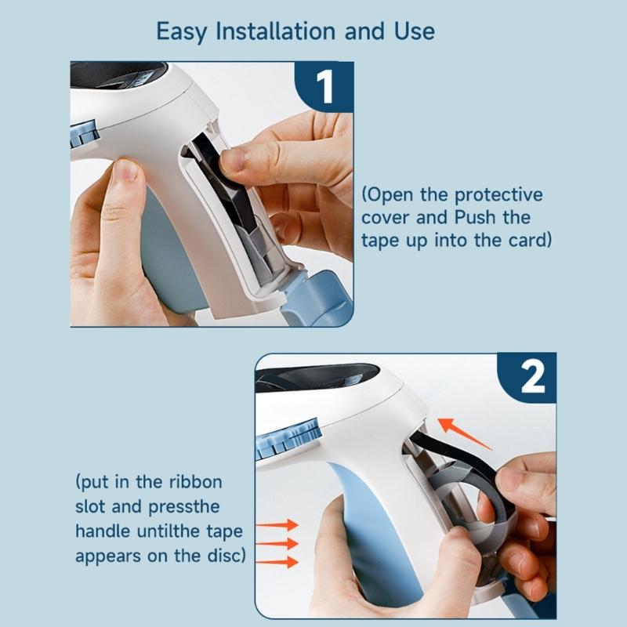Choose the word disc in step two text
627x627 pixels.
click(223, 556)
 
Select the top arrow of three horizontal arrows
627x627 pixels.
click(281, 524)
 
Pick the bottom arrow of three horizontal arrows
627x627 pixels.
click(281, 561)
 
